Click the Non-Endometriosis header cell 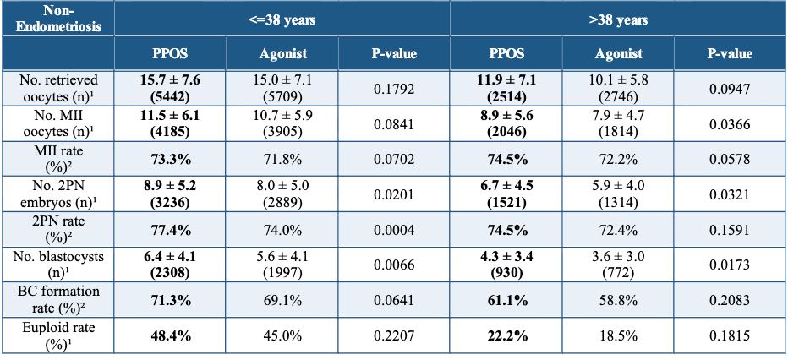[x=58, y=18]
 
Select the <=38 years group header [x=282, y=18]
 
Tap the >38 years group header [x=619, y=18]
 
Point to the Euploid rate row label [x=58, y=335]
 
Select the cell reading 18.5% [x=618, y=335]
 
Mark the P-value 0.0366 [x=731, y=124]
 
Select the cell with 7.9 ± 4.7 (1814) [x=618, y=124]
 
